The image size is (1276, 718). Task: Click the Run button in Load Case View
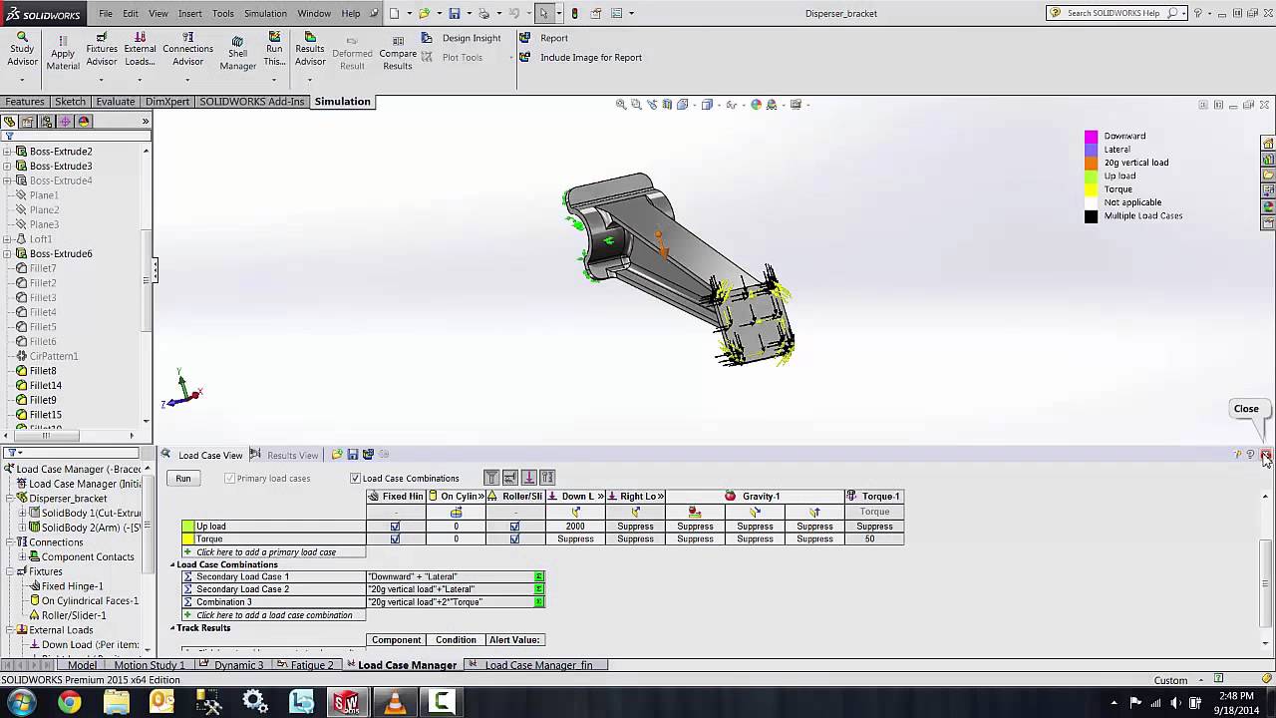(183, 479)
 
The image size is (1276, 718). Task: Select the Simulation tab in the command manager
(342, 102)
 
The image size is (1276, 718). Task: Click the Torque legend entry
(1117, 189)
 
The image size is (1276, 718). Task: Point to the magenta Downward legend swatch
(1091, 137)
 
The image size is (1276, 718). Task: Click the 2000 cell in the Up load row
(575, 527)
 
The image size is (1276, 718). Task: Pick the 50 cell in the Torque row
(869, 539)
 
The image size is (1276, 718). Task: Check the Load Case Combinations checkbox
(355, 479)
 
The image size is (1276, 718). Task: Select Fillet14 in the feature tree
(46, 385)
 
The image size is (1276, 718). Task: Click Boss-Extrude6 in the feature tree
(61, 253)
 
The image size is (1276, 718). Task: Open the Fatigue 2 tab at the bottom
(311, 665)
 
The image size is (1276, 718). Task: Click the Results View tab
(292, 456)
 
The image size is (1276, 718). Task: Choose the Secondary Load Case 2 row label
(242, 589)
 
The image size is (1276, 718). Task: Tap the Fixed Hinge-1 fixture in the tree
(72, 586)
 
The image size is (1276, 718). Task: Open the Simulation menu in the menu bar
(265, 14)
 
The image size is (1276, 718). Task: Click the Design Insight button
(471, 38)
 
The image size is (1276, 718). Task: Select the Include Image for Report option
(590, 57)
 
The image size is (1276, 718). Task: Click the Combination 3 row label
(223, 602)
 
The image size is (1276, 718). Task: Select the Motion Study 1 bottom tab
(150, 665)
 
